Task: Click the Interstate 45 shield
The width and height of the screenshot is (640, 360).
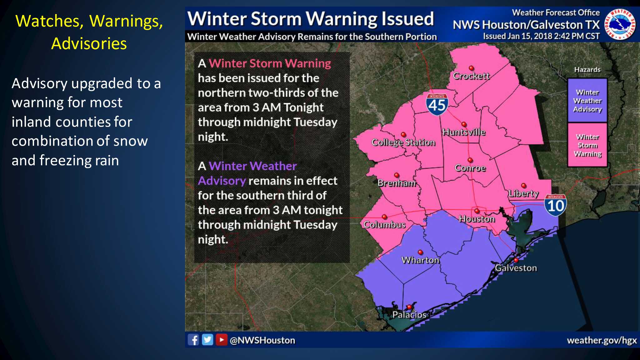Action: pos(437,104)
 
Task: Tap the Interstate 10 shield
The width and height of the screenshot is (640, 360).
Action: pos(555,205)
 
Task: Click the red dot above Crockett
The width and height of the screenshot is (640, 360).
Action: pos(471,68)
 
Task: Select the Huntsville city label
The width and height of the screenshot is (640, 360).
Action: pos(464,132)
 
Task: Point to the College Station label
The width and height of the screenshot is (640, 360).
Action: pos(403,142)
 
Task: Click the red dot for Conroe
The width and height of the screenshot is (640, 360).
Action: pos(470,160)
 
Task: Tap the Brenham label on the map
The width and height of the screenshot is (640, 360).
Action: pos(397,183)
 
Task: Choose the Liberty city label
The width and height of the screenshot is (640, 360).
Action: pos(523,193)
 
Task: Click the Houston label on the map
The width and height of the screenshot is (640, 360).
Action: pos(477,219)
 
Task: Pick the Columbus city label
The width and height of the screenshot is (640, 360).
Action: pos(384,225)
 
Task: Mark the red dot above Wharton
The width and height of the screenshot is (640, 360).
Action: pos(420,252)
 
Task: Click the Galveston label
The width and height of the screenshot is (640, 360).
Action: pos(516,268)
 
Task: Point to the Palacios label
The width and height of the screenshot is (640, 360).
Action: pos(409,315)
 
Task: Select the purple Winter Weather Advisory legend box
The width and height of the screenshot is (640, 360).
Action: pos(587,101)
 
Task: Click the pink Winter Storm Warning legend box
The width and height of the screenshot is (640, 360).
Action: pos(587,145)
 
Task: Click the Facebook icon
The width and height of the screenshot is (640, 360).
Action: pos(193,340)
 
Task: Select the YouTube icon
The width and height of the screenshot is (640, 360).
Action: pos(221,340)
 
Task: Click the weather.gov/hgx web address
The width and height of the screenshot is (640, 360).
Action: pos(602,340)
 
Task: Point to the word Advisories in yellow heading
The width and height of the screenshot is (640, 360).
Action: pos(89,43)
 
